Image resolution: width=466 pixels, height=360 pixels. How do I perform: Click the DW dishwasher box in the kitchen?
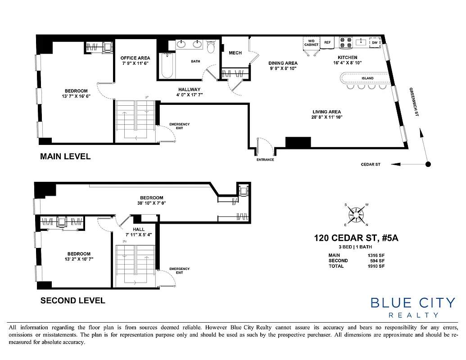click(375, 43)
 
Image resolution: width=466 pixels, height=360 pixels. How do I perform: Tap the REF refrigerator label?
click(327, 42)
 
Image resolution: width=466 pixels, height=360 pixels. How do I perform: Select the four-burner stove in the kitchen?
click(345, 42)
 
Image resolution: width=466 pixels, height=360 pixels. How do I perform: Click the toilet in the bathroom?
click(211, 46)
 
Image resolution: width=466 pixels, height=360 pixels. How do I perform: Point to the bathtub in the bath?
click(167, 66)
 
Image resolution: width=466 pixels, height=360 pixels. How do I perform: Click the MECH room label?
click(235, 53)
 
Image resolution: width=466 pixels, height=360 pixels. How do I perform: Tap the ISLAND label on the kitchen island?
click(367, 78)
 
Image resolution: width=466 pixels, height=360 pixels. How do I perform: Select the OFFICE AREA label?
click(135, 58)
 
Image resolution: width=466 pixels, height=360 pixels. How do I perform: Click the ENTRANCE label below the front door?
click(265, 160)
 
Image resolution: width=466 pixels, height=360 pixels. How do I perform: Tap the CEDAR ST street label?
click(371, 165)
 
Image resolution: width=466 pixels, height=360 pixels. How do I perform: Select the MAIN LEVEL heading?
click(65, 157)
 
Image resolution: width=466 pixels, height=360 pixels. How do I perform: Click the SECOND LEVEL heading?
click(73, 301)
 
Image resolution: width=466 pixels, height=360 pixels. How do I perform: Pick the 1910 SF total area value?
click(376, 266)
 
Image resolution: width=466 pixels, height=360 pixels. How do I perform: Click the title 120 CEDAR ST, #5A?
click(356, 238)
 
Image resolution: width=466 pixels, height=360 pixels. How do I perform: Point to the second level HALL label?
click(139, 229)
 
